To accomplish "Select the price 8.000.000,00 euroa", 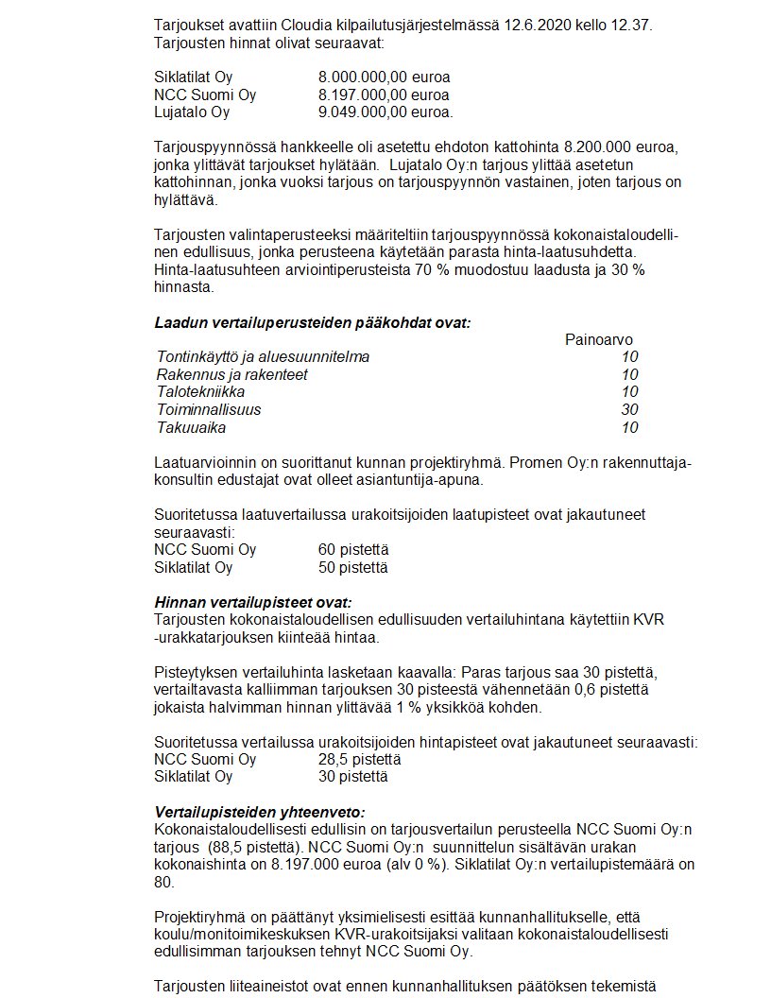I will tap(385, 77).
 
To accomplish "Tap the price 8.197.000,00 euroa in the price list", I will tap(385, 95).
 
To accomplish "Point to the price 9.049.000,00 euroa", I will tap(385, 112).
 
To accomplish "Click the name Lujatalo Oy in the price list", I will tap(192, 112).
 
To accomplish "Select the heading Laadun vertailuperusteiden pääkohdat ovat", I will tap(313, 322).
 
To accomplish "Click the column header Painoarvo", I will tap(599, 339).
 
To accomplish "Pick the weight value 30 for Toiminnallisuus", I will tap(630, 410).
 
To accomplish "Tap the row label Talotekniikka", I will tap(201, 392).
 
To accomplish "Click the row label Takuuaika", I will tap(191, 428).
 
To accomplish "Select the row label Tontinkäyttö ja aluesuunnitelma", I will tap(263, 357).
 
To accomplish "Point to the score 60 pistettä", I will tap(353, 550).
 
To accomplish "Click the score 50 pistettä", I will tap(353, 568).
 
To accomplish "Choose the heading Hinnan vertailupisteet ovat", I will tap(253, 602).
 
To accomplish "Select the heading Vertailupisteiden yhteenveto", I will tap(260, 812).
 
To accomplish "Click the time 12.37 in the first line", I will tap(632, 25).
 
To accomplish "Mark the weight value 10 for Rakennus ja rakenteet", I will tap(630, 375).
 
